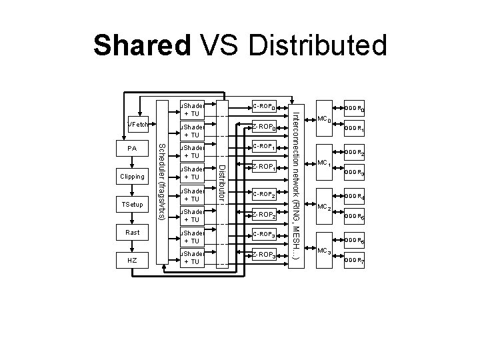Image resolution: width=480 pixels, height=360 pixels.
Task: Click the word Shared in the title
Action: [x=141, y=46]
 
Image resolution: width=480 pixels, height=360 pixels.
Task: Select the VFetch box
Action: [x=138, y=125]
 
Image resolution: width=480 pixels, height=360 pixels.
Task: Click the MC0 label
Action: [x=324, y=119]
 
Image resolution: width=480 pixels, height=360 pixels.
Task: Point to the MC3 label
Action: [x=324, y=251]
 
